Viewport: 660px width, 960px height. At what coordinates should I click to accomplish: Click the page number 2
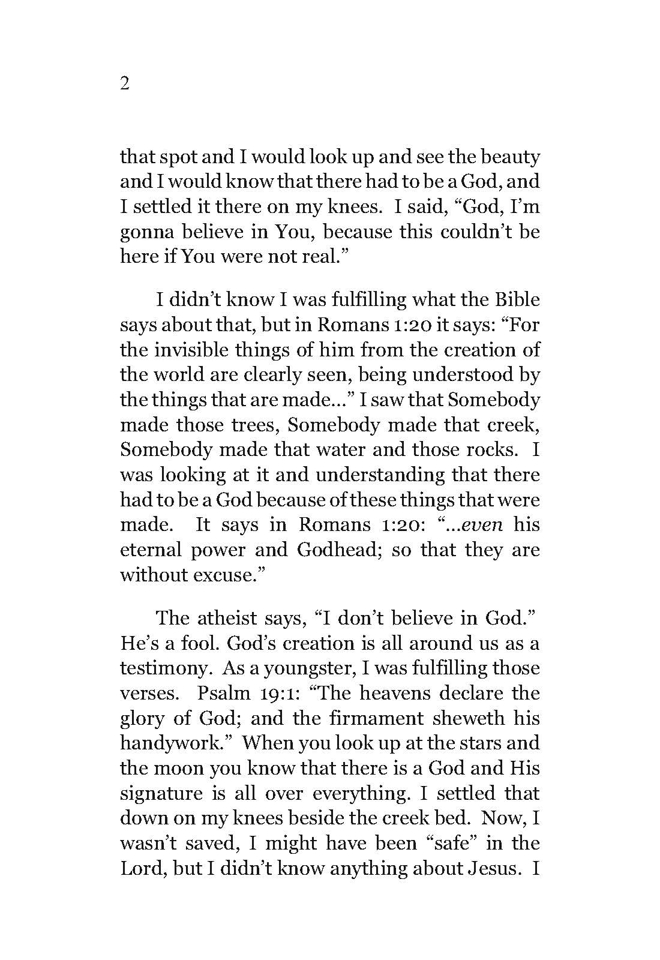click(x=125, y=84)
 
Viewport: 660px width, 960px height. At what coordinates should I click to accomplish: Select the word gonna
click(x=146, y=232)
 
